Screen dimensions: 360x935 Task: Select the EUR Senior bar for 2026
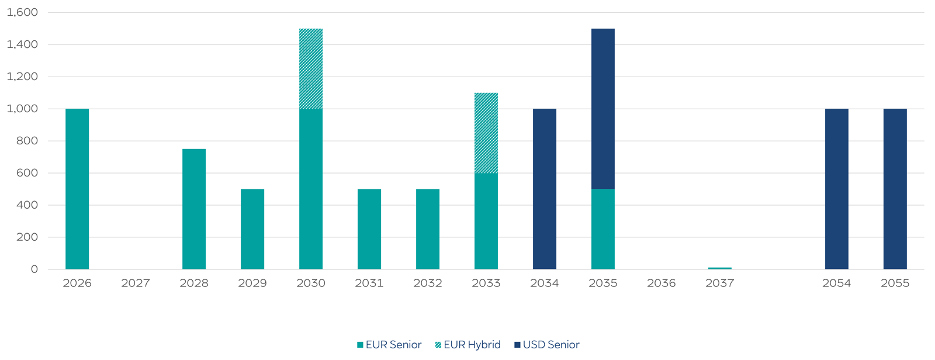[77, 189]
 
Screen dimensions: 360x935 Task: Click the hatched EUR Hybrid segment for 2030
[311, 68]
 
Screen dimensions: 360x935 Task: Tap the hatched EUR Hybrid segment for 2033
[486, 133]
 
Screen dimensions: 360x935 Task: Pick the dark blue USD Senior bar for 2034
[545, 189]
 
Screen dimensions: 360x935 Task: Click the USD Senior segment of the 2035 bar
[603, 109]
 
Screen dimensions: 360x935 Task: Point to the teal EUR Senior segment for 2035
[603, 229]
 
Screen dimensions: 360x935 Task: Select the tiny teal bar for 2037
[720, 268]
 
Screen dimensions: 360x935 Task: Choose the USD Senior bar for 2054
[837, 189]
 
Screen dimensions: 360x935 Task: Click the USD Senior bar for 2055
[895, 189]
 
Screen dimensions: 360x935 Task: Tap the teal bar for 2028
[194, 209]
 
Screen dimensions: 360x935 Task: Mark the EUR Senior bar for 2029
[252, 229]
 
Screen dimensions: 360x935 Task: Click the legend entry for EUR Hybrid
[467, 345]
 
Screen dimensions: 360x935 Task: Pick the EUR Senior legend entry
[389, 345]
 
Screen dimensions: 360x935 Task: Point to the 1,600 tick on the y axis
[22, 12]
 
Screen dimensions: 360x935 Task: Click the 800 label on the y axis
[26, 141]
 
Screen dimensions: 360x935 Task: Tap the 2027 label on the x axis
[136, 283]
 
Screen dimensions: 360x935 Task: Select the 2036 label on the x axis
[662, 283]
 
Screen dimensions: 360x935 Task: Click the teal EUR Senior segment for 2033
[486, 221]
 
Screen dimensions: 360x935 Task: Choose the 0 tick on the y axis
[34, 269]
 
